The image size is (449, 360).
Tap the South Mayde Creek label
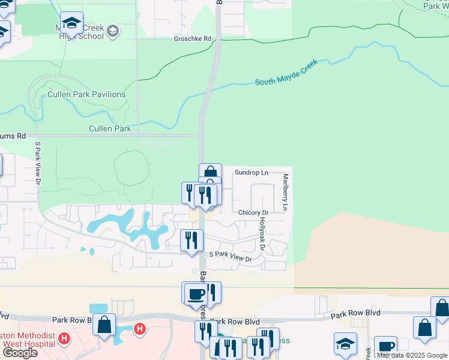[x=286, y=72]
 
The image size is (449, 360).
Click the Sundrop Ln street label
[x=250, y=172]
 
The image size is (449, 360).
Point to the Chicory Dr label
[x=253, y=212]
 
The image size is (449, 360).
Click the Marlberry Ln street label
[x=286, y=193]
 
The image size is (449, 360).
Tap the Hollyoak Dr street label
[x=262, y=235]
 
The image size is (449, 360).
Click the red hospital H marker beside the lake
[x=140, y=329]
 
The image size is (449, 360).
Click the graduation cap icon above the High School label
[x=72, y=23]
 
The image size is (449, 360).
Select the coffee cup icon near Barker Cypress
[x=196, y=293]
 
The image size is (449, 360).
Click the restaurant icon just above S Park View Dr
[x=191, y=240]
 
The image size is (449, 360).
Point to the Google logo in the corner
[x=20, y=353]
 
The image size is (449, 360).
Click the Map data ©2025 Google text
[x=412, y=355]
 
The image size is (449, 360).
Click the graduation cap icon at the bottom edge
[x=346, y=344]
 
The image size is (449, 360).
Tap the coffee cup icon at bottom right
[x=385, y=346]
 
